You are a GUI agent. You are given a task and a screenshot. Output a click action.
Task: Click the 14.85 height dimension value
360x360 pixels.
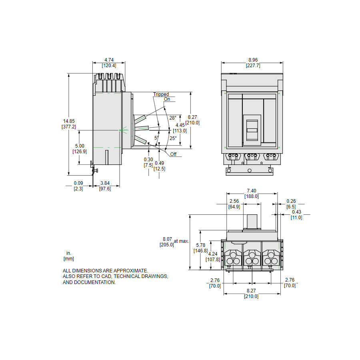68,121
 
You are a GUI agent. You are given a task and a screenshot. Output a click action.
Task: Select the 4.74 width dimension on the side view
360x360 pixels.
108,60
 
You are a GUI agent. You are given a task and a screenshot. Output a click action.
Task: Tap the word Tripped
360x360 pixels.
161,94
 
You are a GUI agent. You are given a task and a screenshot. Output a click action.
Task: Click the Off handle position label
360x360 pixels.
173,154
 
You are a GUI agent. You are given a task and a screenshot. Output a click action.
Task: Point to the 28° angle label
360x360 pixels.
172,118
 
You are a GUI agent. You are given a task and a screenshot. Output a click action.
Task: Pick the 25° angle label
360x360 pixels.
172,138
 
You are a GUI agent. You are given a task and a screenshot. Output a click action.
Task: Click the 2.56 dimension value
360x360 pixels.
234,201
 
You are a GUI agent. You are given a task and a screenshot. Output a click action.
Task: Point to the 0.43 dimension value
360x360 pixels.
296,212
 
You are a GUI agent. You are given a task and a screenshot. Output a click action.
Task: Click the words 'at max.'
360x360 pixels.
181,241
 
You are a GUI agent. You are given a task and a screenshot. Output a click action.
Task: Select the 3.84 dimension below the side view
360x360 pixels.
105,183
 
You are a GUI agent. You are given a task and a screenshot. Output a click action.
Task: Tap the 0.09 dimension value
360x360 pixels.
78,183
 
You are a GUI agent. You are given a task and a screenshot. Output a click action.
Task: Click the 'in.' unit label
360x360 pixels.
68,253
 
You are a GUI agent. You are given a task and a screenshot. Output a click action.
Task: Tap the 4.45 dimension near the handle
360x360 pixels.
180,125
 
